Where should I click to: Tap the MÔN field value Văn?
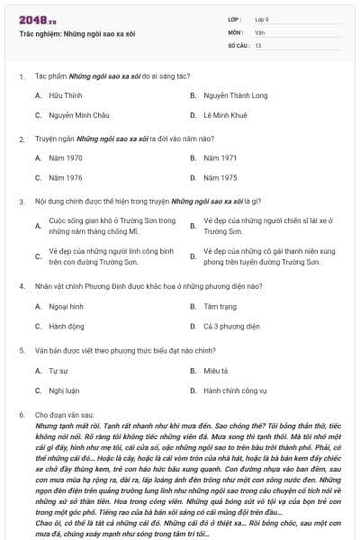pyautogui.click(x=259, y=32)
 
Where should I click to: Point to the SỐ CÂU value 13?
pyautogui.click(x=258, y=45)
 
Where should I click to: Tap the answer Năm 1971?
pyautogui.click(x=220, y=157)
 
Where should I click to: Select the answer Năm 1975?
pyautogui.click(x=220, y=178)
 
